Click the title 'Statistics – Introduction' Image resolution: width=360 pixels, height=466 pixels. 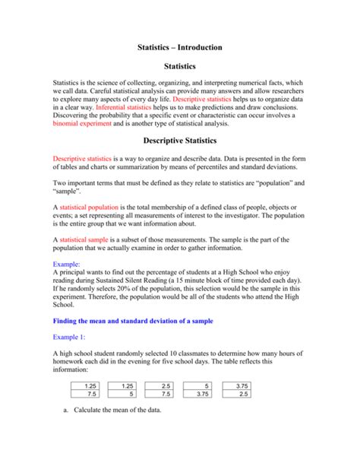[179, 47]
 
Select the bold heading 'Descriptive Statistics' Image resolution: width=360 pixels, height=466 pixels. [179, 141]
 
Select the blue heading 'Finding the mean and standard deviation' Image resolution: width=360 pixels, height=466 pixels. [133, 322]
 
